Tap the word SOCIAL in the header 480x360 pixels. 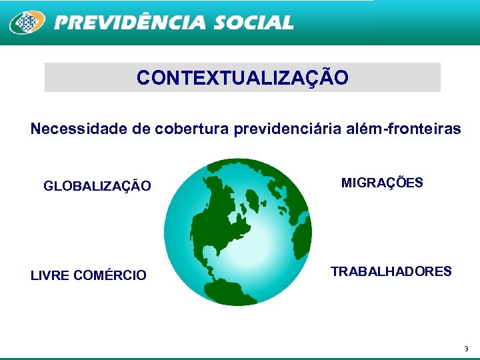(x=253, y=23)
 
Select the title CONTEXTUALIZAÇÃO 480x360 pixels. (x=242, y=78)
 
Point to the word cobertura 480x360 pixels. (x=192, y=129)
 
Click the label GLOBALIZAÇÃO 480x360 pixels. (x=97, y=186)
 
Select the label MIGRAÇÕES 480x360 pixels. (x=382, y=183)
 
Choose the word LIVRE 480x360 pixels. (x=51, y=275)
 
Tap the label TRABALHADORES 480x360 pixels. (x=391, y=271)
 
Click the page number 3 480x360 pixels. (x=466, y=349)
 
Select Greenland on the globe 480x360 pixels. (x=255, y=198)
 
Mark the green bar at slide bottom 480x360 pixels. (x=240, y=358)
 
